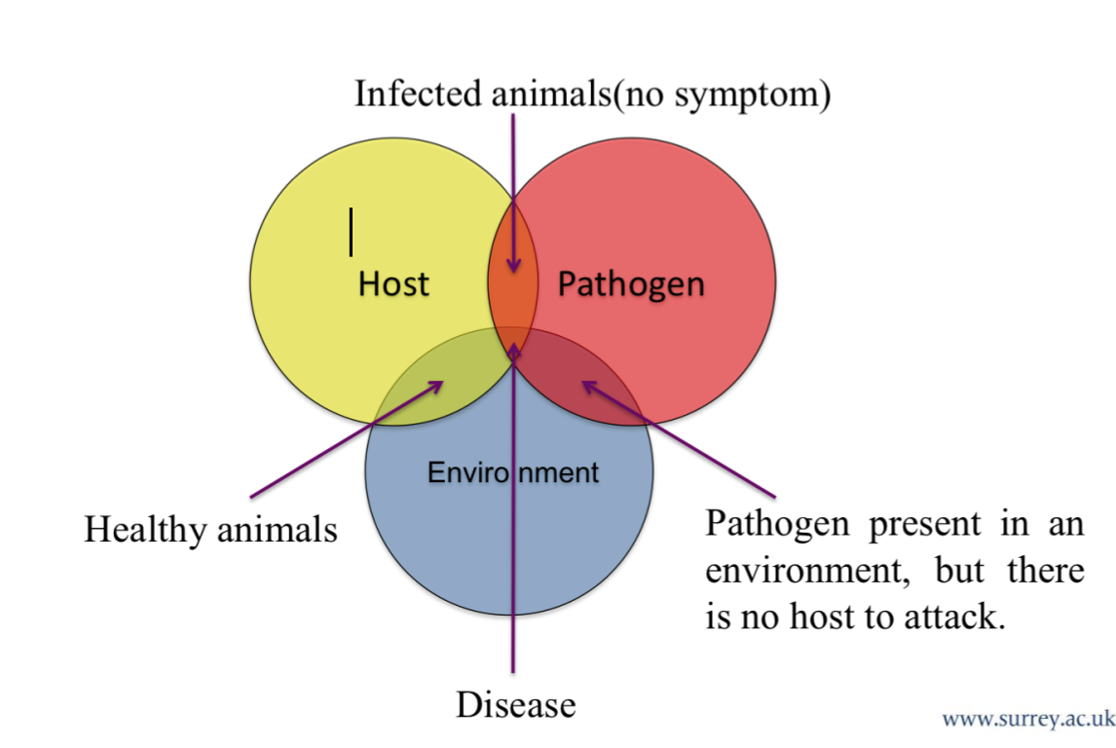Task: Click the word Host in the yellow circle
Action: pos(393,283)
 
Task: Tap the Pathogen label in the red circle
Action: pos(630,283)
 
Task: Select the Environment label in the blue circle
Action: pos(513,473)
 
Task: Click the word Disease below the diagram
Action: pos(515,703)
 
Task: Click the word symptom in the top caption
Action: pos(754,95)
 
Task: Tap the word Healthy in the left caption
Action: pos(146,530)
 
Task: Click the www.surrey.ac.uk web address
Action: pos(1027,720)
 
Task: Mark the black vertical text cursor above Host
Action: pos(351,232)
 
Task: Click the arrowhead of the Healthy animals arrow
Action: pos(441,383)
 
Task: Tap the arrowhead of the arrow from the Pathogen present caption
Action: pos(586,384)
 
